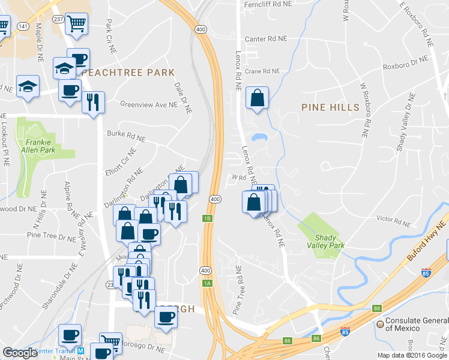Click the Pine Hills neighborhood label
(330, 107)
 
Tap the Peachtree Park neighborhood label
(129, 73)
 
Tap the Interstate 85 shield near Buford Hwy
(426, 272)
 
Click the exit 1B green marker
(208, 218)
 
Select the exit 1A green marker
(208, 283)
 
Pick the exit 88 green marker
(376, 308)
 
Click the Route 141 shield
(23, 27)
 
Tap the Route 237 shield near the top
(58, 19)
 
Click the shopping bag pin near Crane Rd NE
(257, 99)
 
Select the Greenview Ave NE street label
(149, 104)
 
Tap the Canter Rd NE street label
(266, 38)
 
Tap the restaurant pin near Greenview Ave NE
(93, 103)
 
